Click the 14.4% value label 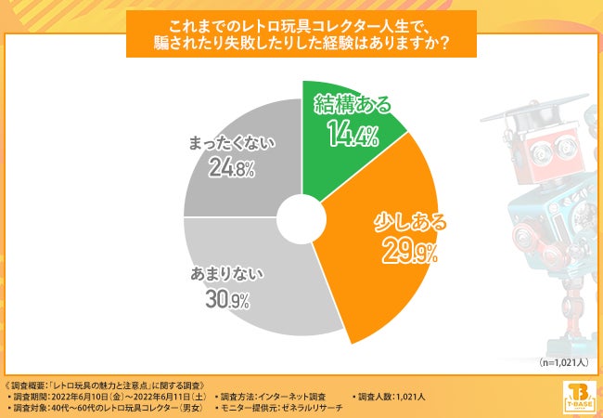pos(351,137)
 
